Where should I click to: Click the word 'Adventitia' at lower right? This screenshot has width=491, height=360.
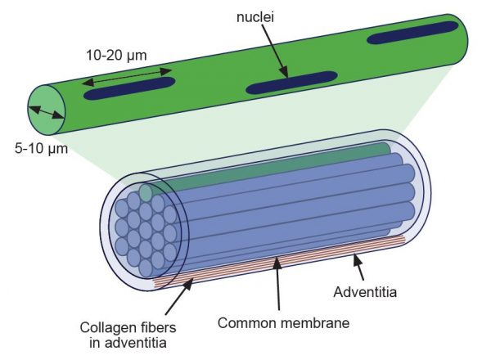tap(370, 290)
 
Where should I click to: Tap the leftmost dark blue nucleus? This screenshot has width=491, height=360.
tap(128, 88)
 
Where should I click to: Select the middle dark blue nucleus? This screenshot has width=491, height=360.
tap(292, 82)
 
